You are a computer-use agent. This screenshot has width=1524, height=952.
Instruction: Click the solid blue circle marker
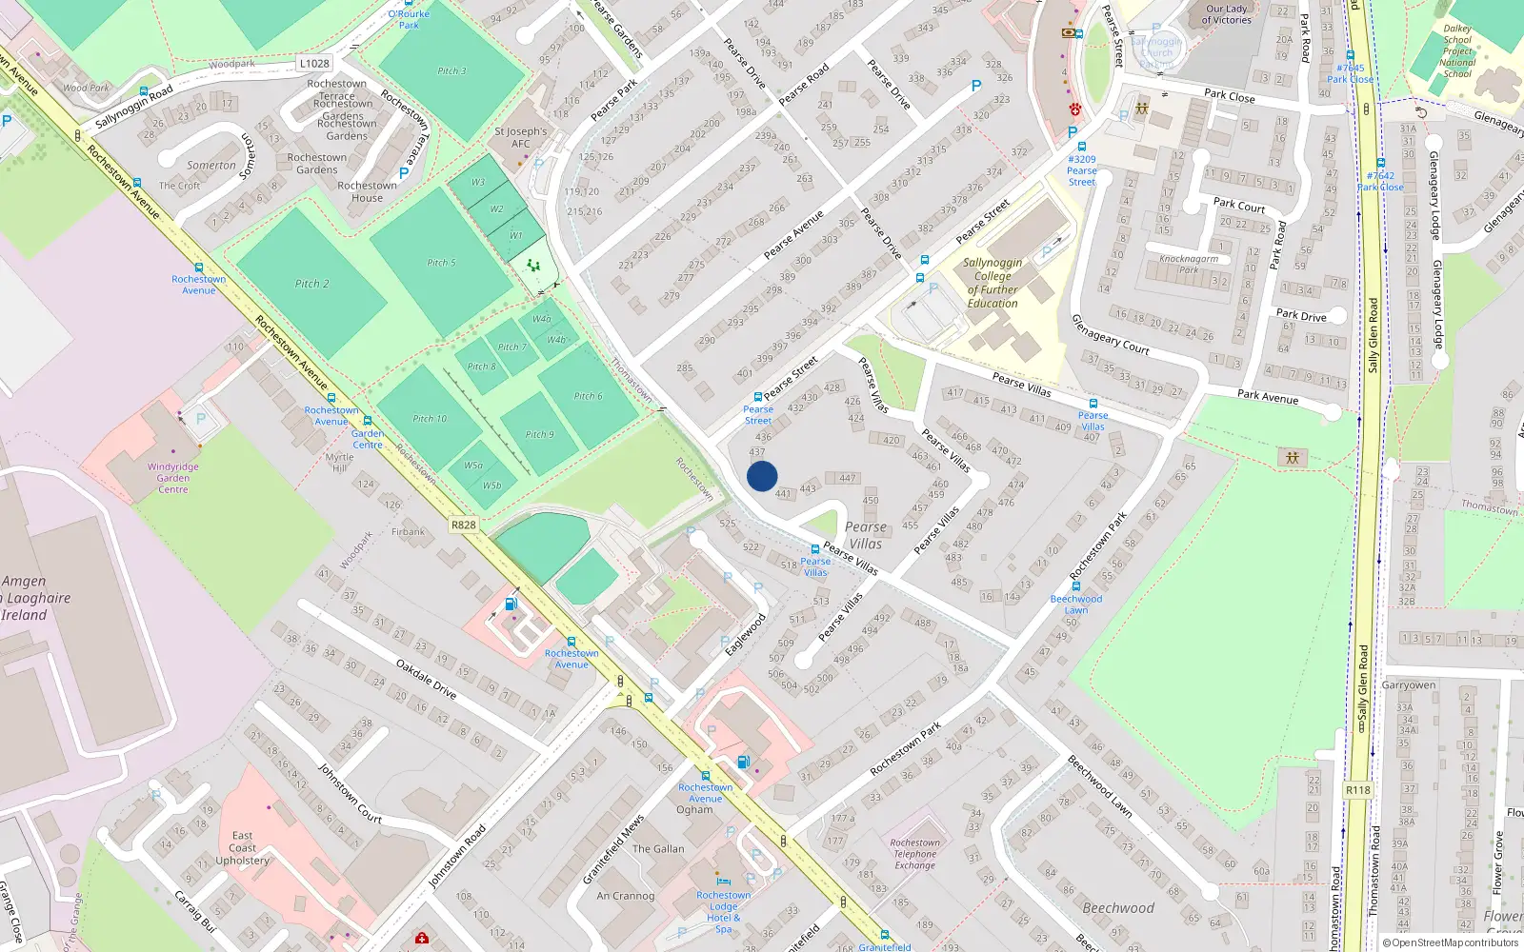point(762,476)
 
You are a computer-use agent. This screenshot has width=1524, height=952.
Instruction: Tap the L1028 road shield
point(314,64)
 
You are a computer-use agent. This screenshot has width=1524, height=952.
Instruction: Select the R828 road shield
point(464,525)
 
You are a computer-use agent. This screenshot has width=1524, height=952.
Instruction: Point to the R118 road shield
point(1358,790)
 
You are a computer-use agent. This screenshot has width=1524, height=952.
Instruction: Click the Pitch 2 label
point(312,284)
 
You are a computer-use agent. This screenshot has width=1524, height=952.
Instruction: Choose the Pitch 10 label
point(430,419)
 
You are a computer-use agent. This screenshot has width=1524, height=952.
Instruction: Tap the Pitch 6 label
point(588,396)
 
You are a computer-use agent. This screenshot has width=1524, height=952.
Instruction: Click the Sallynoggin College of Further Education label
point(993,283)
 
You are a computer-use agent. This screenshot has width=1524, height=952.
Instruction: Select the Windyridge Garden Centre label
point(173,478)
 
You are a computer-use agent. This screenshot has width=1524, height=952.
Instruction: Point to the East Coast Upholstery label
point(242,848)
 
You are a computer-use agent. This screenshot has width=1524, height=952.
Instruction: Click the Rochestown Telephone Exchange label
point(914,854)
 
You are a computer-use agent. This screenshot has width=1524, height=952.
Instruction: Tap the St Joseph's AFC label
point(521,138)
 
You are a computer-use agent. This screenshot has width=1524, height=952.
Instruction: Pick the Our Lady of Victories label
point(1226,14)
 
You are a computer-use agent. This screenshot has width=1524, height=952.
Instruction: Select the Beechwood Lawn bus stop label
point(1076,605)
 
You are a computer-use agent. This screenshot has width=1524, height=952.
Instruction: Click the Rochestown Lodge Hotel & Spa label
point(724,912)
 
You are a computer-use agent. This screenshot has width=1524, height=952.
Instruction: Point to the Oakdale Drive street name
point(426,680)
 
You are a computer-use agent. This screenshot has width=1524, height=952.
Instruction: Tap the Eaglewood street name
point(745,635)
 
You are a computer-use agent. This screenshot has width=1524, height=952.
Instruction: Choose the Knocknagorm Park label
point(1189,264)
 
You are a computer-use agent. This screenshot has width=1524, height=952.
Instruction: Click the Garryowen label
point(1408,685)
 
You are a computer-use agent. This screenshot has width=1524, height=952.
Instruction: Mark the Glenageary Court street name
point(1111,334)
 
